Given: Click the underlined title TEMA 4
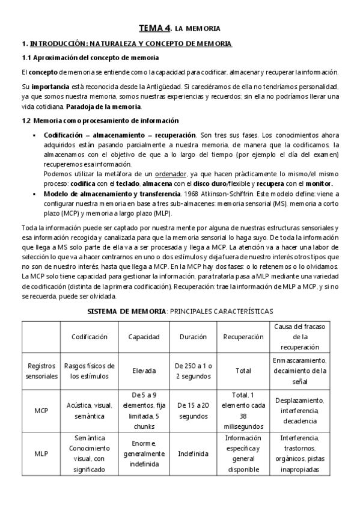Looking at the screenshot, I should click(x=154, y=28).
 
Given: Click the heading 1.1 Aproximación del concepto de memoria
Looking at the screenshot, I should click(x=90, y=58).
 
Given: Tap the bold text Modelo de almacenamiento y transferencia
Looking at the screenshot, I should click(x=106, y=194).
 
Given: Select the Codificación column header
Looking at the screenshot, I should click(x=90, y=337).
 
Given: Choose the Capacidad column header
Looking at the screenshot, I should click(x=144, y=337).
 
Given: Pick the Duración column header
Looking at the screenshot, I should click(x=193, y=337).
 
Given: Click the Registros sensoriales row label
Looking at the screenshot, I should click(x=41, y=371).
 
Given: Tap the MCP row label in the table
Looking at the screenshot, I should click(x=41, y=411).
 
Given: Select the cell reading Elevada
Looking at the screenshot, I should click(x=144, y=371).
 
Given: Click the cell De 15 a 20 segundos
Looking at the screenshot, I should click(x=193, y=411).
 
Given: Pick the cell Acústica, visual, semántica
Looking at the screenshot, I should click(x=90, y=411).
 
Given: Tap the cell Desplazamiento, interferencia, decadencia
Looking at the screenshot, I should click(x=300, y=411).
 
